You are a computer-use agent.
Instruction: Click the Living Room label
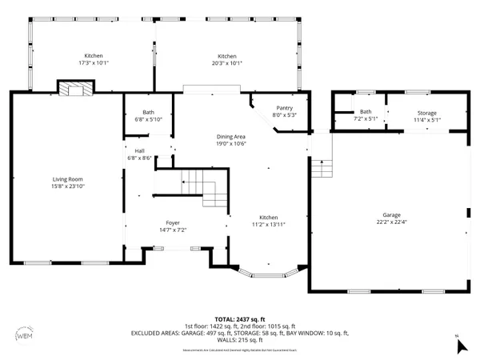[x=67, y=179]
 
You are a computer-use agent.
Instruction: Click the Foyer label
[x=173, y=222]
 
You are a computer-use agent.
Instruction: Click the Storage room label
[x=426, y=113]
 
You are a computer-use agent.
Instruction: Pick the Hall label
[x=139, y=150]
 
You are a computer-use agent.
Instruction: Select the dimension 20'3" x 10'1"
[x=227, y=62]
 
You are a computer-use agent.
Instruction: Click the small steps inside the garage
[x=321, y=168]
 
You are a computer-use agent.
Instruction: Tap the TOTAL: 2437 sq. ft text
[x=239, y=318]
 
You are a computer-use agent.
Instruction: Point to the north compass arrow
[x=459, y=346]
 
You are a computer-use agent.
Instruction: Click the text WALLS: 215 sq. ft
[x=240, y=341]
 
